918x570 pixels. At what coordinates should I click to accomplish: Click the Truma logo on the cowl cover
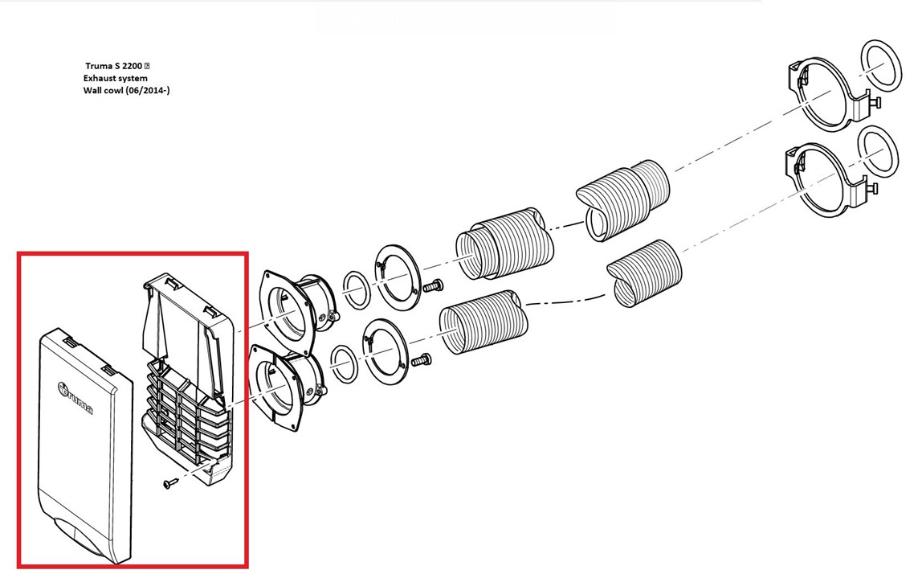(x=75, y=398)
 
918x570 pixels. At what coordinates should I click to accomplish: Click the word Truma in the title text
(x=98, y=66)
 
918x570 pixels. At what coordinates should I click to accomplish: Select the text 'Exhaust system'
(x=116, y=78)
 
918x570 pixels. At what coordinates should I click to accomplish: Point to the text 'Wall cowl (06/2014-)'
(x=126, y=90)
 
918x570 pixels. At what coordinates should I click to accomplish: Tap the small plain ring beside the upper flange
(x=356, y=290)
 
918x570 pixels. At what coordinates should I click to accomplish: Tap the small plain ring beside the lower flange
(x=344, y=364)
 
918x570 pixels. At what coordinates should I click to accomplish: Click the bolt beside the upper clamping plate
(x=433, y=286)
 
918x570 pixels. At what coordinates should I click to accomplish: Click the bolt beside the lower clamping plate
(x=421, y=360)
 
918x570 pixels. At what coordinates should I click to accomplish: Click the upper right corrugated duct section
(x=623, y=199)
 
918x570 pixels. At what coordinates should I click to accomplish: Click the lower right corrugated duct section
(x=645, y=273)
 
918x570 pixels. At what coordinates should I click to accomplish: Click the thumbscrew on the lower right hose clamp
(x=874, y=189)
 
